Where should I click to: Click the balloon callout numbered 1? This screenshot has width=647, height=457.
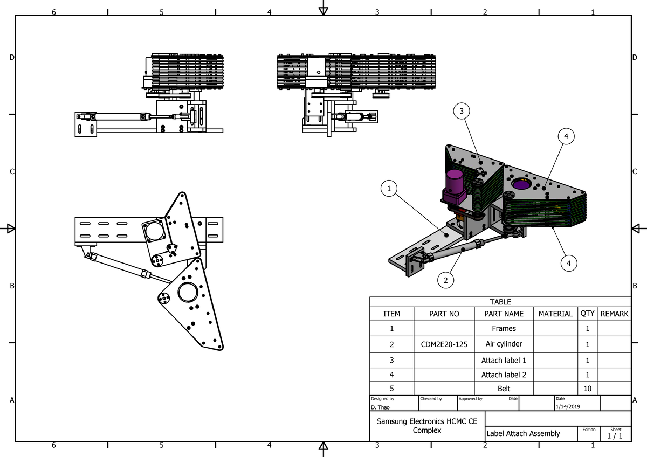[389, 189]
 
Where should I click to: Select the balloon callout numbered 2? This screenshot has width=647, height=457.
[445, 280]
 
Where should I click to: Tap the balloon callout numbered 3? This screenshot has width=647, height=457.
[461, 112]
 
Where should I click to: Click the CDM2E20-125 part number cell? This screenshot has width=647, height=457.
[444, 344]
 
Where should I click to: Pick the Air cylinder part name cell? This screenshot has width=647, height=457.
[504, 344]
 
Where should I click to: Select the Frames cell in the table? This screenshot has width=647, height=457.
[504, 328]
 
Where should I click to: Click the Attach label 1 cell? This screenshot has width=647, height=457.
[504, 360]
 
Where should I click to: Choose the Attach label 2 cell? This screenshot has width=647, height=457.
[504, 375]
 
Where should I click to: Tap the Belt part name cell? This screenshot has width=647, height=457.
[504, 388]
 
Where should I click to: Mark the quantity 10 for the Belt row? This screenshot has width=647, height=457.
[587, 389]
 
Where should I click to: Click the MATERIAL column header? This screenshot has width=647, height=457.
[555, 314]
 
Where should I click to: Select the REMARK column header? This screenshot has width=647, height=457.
[614, 314]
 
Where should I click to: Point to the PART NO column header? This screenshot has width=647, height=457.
[444, 314]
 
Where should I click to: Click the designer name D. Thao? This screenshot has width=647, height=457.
[380, 407]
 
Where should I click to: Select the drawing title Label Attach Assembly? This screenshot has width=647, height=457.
[523, 433]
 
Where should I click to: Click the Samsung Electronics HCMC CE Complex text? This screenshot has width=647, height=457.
[427, 426]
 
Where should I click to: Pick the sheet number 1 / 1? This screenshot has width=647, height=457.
[615, 435]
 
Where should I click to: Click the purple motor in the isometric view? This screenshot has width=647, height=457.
[454, 186]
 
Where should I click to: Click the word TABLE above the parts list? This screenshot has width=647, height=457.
[500, 302]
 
